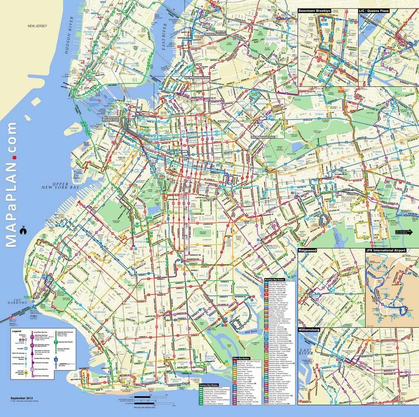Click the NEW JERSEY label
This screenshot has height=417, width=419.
pos(37,26)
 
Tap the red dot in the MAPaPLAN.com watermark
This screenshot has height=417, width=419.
pos(14,157)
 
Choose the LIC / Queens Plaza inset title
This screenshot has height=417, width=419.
pos(374,11)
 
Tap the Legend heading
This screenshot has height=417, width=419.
pos(16,330)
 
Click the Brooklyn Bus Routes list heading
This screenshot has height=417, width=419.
pos(280,279)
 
